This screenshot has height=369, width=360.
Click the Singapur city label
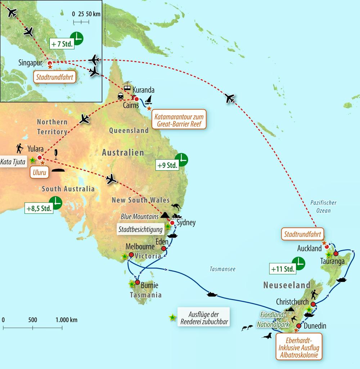click(x=30, y=63)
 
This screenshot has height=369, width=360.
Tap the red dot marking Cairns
click(x=136, y=99)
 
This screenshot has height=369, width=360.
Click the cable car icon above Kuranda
click(x=127, y=86)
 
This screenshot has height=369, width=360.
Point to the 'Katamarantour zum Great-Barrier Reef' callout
click(x=179, y=120)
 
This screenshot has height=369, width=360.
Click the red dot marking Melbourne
click(x=131, y=255)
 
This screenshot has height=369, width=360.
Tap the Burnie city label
click(x=149, y=285)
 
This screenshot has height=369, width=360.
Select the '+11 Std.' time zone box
click(x=282, y=268)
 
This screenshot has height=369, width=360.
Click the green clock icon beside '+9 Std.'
click(x=181, y=159)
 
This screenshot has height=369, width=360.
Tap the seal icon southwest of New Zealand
click(x=267, y=336)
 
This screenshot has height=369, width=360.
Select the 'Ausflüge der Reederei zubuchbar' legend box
click(x=203, y=318)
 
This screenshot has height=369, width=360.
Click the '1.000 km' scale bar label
click(x=66, y=320)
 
